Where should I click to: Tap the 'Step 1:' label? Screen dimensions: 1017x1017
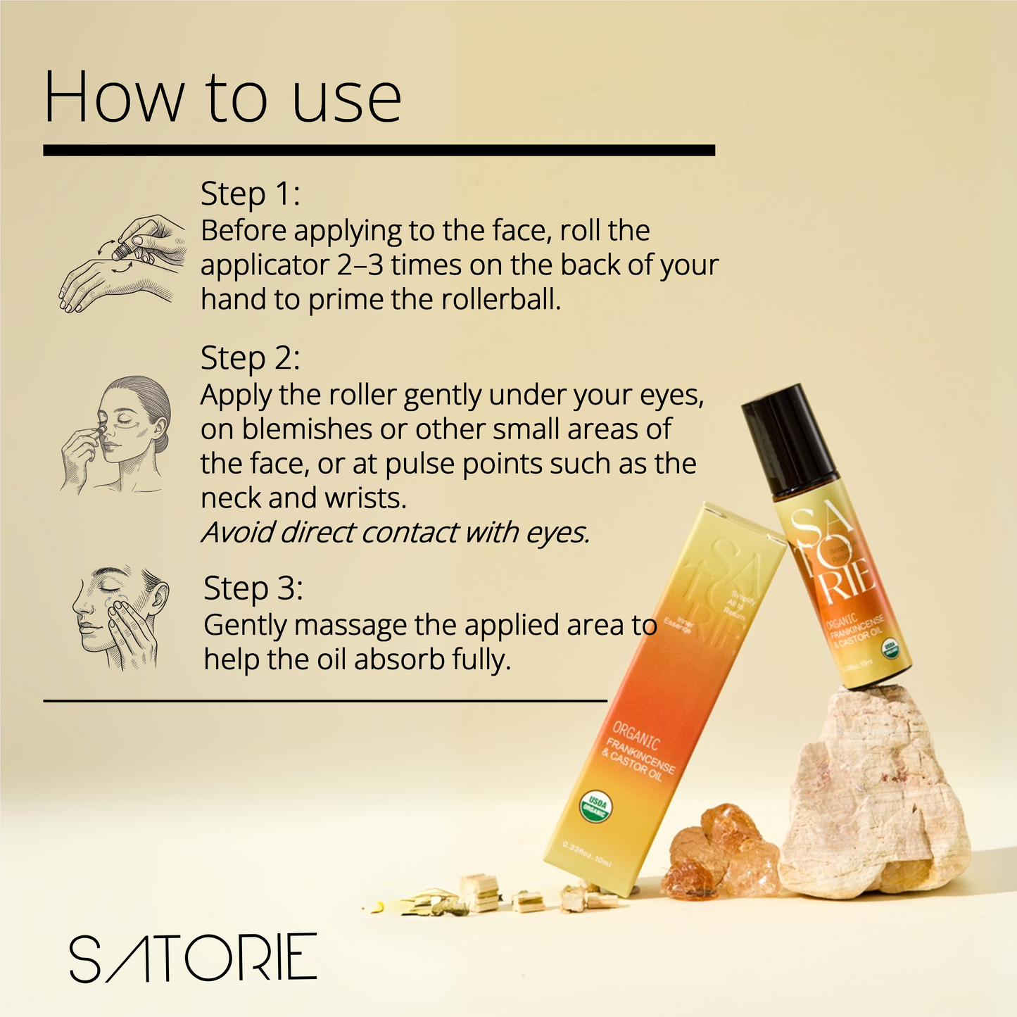(250, 194)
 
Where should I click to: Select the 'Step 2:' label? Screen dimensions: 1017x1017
(250, 358)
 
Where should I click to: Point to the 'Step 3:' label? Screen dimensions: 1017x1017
(253, 589)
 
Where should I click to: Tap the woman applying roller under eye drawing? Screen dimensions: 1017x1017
(116, 433)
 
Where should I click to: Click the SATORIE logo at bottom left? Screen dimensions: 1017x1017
(193, 958)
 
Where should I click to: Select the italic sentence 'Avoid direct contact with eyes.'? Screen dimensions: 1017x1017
(395, 533)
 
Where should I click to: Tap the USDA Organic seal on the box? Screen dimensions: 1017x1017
(596, 807)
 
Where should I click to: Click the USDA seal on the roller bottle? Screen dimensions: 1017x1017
(890, 645)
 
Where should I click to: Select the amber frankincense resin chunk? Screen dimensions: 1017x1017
(725, 852)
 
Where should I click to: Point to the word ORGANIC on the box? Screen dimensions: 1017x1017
(636, 736)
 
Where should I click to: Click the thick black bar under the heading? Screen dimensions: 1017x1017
(379, 151)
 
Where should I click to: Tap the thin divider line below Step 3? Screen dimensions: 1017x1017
(324, 700)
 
